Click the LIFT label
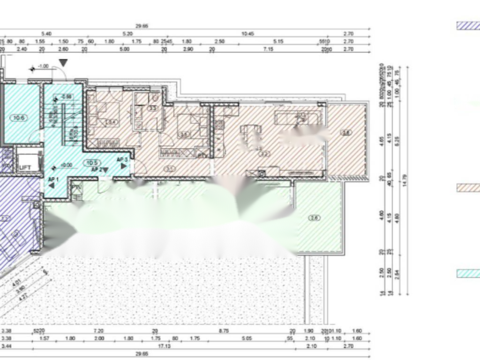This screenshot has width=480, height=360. tap(25, 167)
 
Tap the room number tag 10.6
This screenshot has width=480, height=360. tap(19, 118)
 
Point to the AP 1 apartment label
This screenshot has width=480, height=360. tap(53, 179)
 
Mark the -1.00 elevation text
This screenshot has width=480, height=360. tap(43, 66)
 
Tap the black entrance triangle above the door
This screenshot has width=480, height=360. tap(63, 62)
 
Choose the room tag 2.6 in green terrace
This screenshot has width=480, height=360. tap(315, 217)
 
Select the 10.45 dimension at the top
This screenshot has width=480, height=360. tap(247, 34)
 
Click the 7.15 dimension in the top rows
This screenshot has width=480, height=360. tap(268, 49)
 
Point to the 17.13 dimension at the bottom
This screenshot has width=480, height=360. tap(163, 346)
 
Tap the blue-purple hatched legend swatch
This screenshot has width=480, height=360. tap(468, 26)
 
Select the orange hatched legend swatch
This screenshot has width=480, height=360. tap(468, 188)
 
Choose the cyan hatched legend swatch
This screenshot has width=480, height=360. tap(468, 273)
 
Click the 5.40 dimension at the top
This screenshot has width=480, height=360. tap(46, 34)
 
